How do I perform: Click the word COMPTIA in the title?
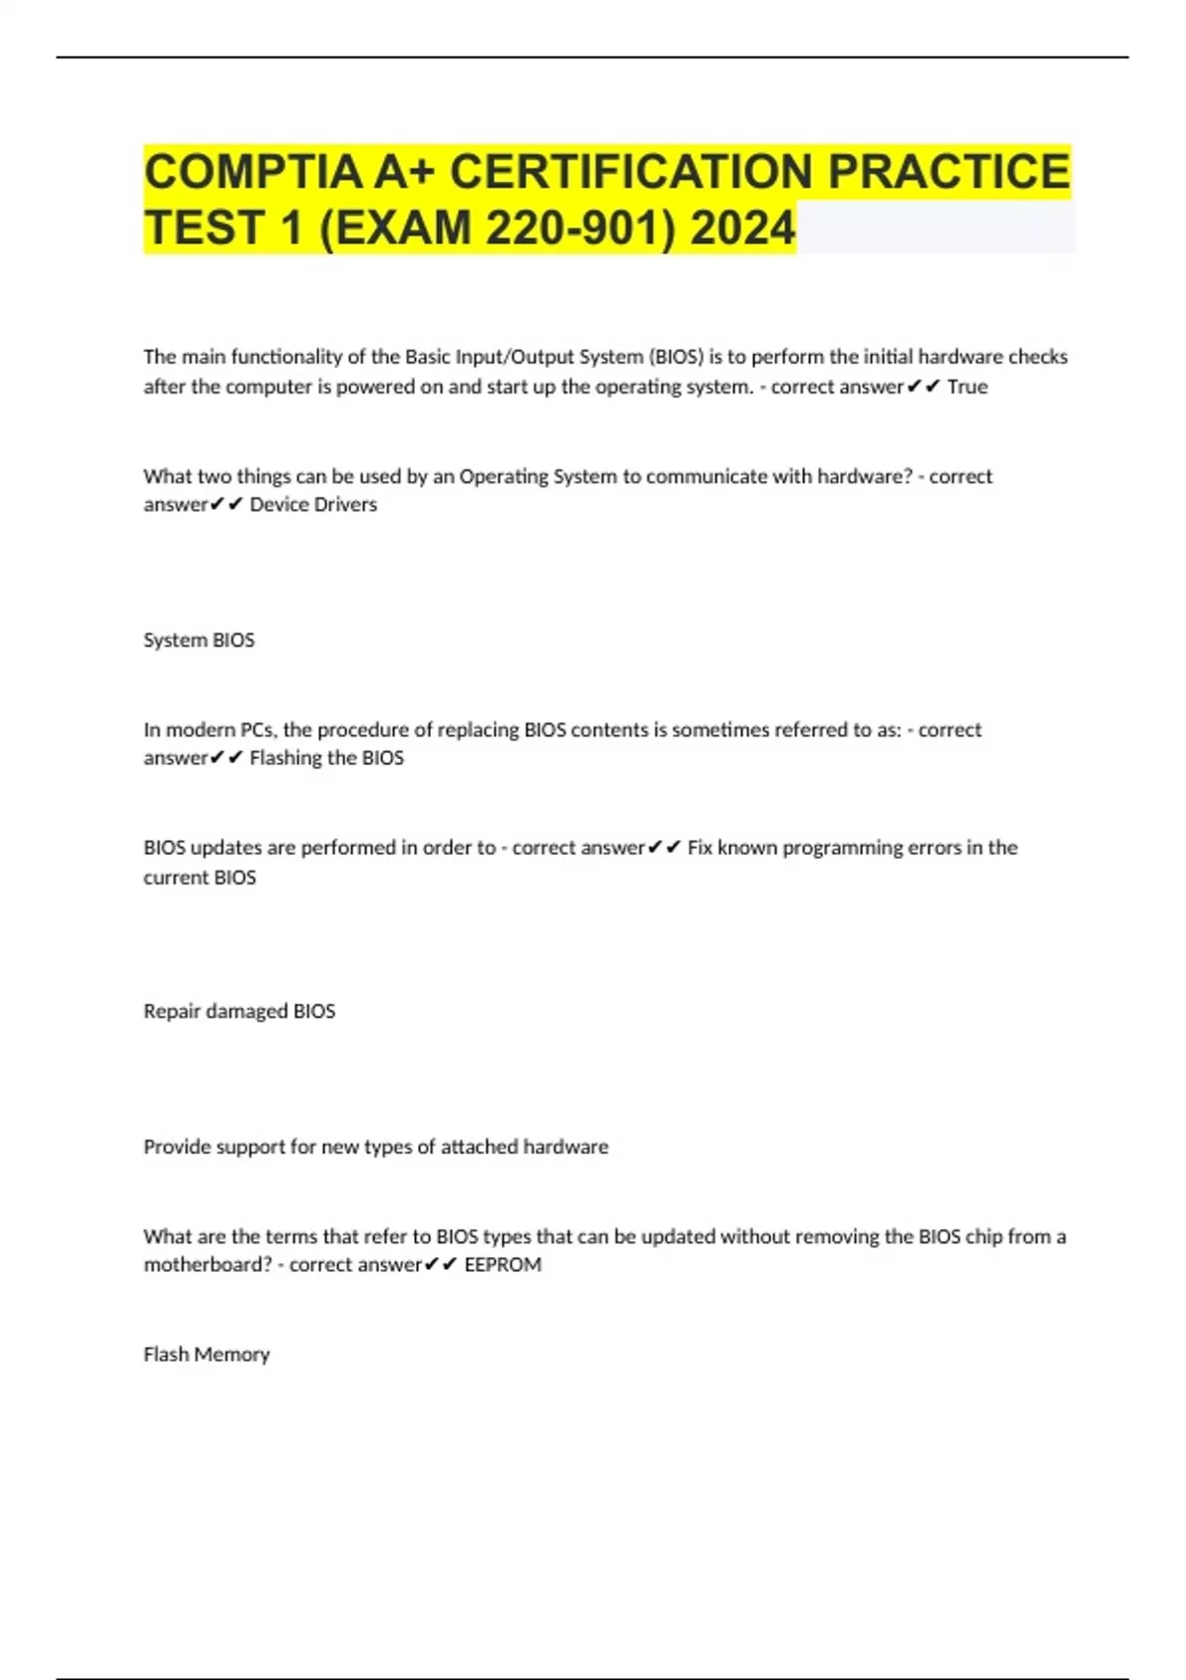pos(253,172)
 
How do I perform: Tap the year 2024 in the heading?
pos(742,228)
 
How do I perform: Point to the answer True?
pos(967,387)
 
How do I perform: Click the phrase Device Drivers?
pos(313,505)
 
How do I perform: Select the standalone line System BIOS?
pos(199,640)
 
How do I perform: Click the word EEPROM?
pos(502,1265)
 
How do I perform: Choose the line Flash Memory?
pos(207,1355)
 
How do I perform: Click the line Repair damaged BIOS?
pos(239,1012)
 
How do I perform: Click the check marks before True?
pos(923,387)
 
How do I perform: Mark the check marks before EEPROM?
pos(441,1265)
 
